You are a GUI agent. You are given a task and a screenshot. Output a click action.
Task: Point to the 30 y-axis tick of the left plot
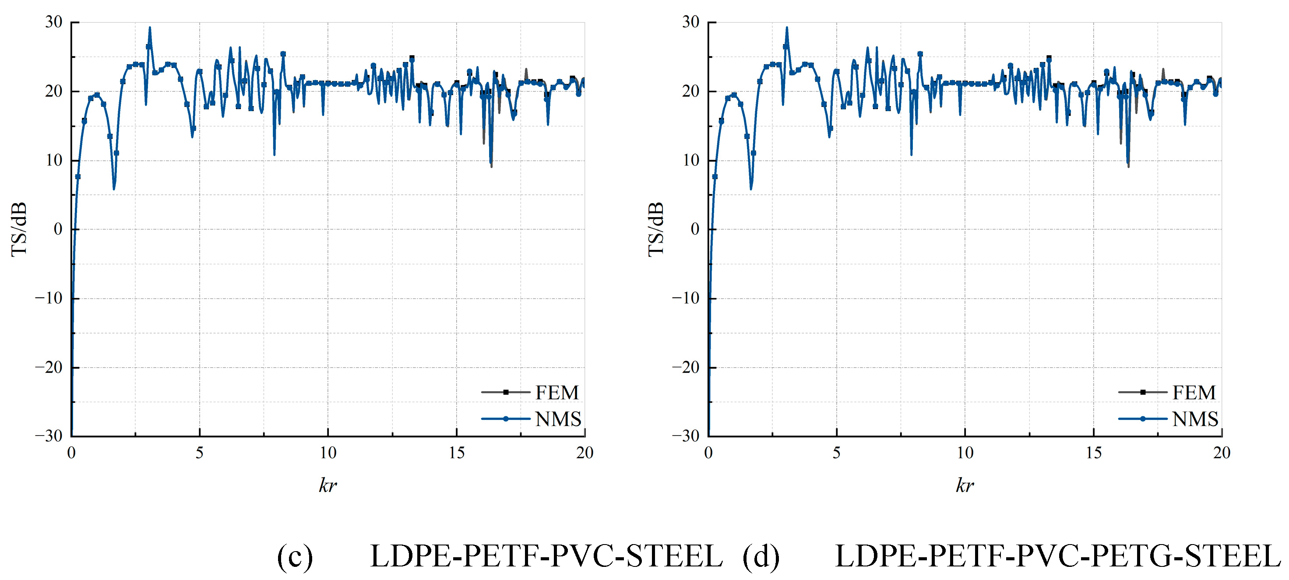53,22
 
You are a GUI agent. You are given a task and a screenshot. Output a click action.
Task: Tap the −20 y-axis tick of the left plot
49,367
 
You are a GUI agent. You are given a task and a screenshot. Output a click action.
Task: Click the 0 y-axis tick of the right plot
694,229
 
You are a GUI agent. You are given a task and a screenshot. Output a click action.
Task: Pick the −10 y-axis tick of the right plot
686,298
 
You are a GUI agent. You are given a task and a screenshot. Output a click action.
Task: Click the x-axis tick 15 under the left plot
456,453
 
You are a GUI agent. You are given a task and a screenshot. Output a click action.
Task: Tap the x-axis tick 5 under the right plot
837,453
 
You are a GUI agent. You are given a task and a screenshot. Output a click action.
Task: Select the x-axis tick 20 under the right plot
1222,453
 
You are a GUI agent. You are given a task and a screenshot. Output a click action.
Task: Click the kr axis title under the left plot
328,485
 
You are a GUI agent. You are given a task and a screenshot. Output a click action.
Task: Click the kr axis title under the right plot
965,485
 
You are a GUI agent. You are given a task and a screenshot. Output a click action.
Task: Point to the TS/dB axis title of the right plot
655,229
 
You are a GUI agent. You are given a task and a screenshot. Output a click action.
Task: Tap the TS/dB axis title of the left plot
18,229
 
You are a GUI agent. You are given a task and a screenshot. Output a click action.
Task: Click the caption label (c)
295,556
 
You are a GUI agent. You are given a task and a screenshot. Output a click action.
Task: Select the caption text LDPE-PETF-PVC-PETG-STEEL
1057,556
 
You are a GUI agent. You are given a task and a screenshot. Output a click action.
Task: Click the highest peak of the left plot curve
150,28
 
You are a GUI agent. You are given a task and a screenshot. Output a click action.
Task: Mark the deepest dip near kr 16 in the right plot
1128,165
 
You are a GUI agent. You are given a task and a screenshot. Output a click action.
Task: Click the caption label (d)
761,556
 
